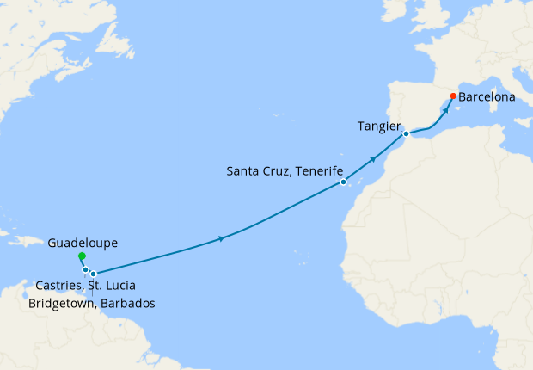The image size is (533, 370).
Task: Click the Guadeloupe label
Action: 83,243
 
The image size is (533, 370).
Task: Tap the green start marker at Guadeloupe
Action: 81,256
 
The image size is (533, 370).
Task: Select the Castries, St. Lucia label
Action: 85,286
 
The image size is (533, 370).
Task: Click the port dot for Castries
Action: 85,270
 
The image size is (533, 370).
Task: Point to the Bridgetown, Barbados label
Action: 92,304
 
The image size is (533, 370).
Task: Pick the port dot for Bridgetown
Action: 94,274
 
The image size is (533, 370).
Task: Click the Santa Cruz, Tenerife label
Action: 280,170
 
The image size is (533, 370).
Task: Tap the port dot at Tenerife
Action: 342,182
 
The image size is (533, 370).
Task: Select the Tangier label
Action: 378,126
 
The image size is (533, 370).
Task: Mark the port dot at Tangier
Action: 406,134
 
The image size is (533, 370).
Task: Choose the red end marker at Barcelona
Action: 454,96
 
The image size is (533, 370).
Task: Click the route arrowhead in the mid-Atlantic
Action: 223,237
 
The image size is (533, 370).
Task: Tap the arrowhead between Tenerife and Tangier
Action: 373,158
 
